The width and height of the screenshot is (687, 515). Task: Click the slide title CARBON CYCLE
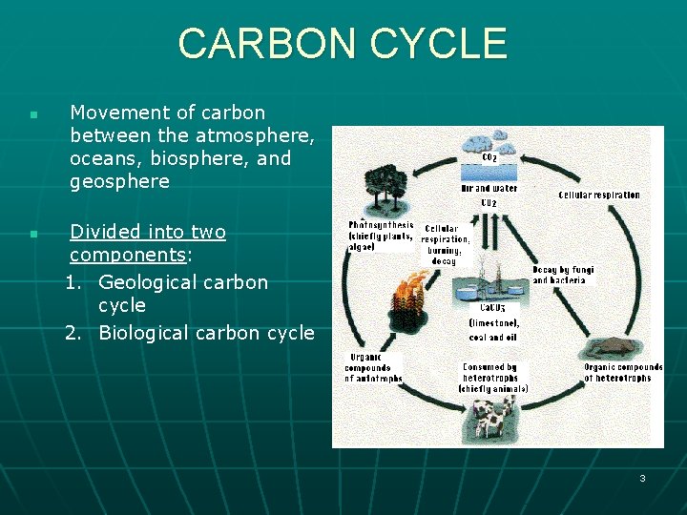[x=343, y=44]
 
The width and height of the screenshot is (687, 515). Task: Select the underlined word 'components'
[x=127, y=256]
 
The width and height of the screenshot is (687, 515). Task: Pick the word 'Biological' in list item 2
[x=143, y=333]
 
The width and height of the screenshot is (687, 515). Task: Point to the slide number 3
[x=642, y=478]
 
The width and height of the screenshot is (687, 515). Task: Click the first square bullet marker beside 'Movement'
[x=32, y=115]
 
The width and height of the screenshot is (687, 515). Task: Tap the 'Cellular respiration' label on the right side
[x=599, y=196]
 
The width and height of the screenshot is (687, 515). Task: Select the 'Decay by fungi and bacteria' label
[x=563, y=276]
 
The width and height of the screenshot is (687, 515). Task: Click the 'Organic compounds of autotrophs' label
[x=373, y=368]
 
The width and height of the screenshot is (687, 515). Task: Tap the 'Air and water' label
[x=489, y=189]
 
